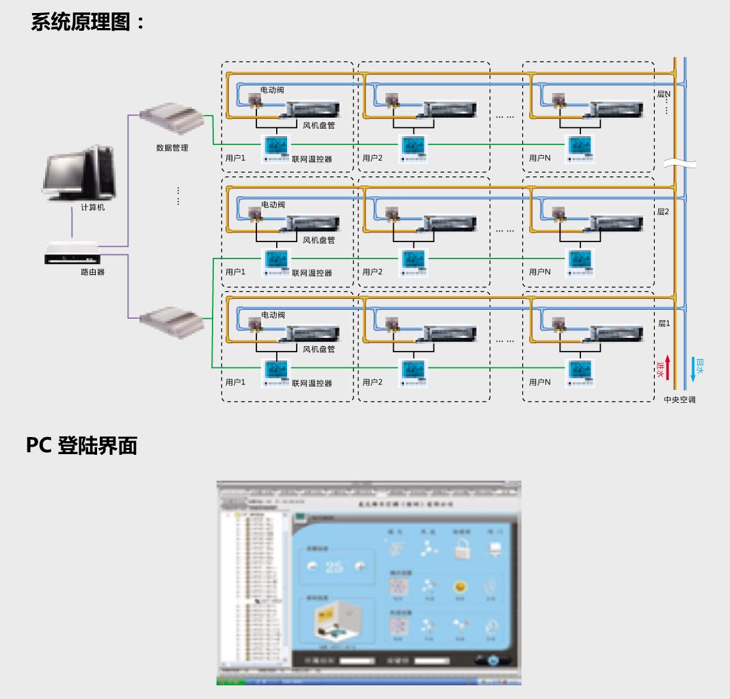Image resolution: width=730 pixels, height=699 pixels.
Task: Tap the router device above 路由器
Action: (72, 254)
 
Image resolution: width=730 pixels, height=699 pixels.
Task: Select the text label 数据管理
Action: (172, 148)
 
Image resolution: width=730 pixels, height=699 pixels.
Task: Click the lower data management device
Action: (172, 321)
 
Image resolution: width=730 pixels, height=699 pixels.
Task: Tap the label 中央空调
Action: (679, 399)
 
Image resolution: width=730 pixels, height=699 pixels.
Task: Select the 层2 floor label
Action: (663, 212)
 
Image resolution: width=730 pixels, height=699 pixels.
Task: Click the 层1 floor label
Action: (663, 323)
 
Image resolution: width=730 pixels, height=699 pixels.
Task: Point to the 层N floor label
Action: (664, 94)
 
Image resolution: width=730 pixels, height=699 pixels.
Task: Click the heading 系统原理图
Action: (88, 22)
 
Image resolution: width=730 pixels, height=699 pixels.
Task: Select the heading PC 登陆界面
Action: (81, 445)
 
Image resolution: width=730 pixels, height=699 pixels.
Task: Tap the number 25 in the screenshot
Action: (334, 566)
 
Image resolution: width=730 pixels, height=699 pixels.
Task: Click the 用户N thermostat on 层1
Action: (580, 371)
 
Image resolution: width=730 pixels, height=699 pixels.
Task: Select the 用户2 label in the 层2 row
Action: (373, 272)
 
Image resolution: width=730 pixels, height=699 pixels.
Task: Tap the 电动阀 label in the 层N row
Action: (273, 90)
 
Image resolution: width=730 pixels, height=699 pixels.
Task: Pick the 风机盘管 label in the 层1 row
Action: (319, 349)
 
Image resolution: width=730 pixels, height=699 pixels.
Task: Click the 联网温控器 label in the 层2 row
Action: (312, 273)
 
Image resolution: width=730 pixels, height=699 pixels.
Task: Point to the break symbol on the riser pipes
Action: (679, 164)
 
